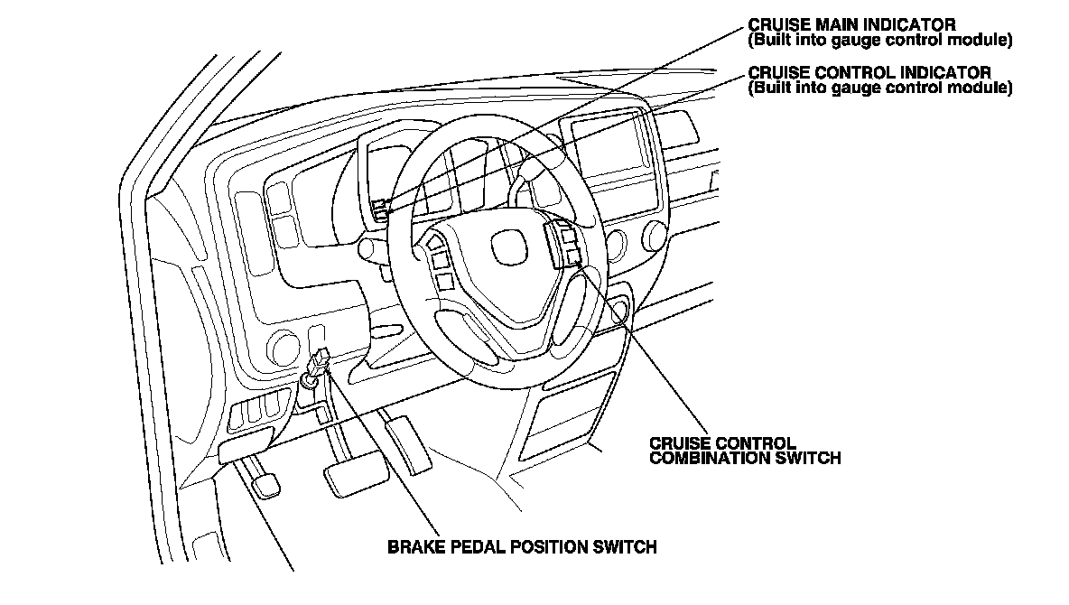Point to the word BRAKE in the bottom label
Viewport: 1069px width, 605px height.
(x=413, y=546)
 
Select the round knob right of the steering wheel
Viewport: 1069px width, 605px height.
(x=618, y=244)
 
